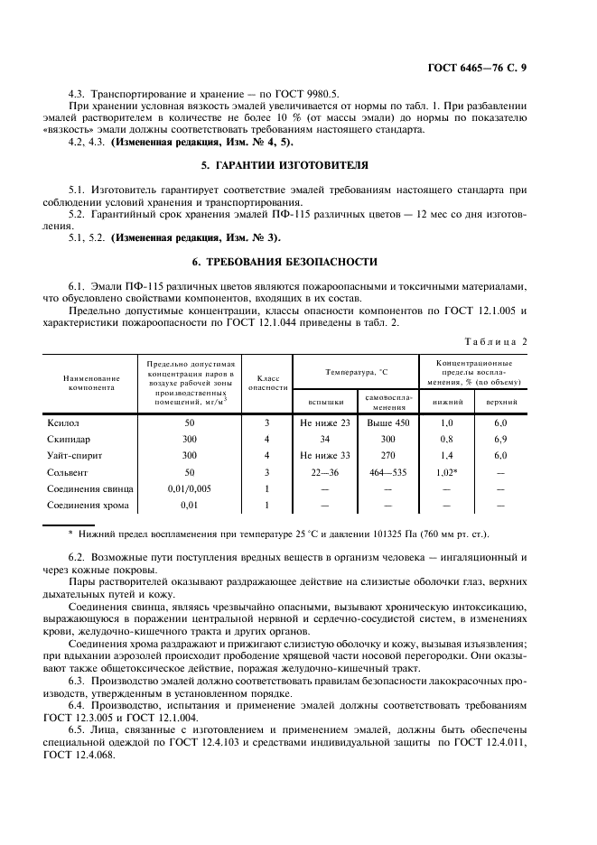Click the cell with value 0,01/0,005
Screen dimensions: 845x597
[x=189, y=487]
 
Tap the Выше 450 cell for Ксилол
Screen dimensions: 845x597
[x=388, y=422]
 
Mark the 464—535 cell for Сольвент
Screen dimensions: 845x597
[x=388, y=471]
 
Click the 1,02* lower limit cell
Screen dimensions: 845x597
[x=447, y=471]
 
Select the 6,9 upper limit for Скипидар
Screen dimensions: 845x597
[x=500, y=439]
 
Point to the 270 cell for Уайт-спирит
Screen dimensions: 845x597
[x=388, y=455]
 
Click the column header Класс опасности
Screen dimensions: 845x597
[x=267, y=383]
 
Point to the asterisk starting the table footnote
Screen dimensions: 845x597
[x=70, y=534]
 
